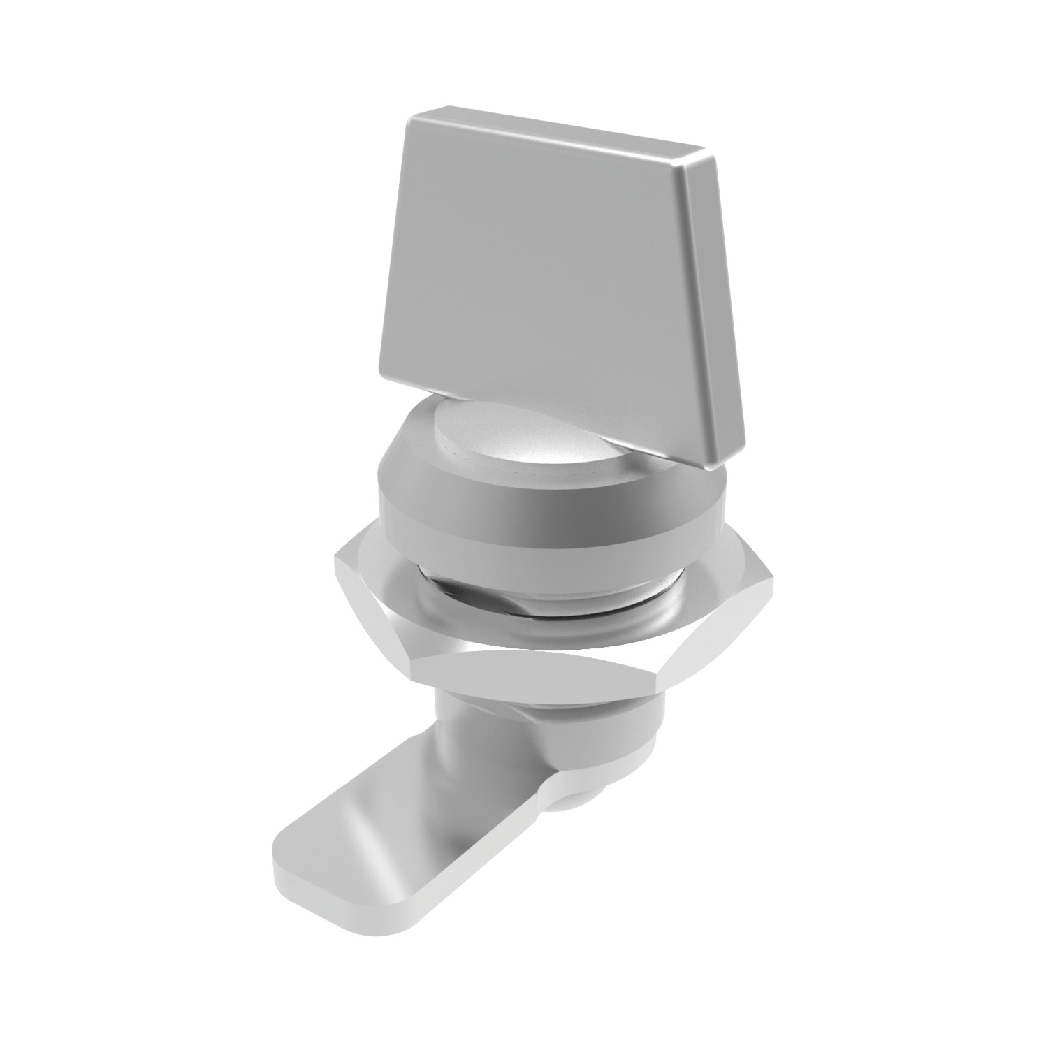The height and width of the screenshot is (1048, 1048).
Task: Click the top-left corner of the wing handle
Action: (x=411, y=117)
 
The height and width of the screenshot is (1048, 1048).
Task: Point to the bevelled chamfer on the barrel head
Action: (x=419, y=447)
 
